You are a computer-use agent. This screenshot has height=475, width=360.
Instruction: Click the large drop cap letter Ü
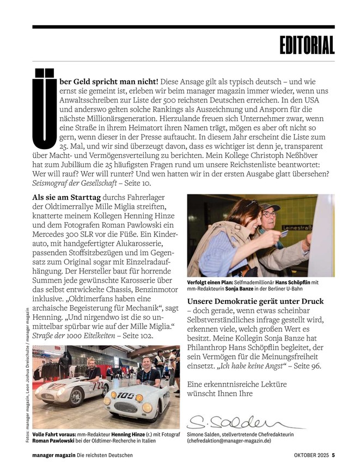(x=44, y=108)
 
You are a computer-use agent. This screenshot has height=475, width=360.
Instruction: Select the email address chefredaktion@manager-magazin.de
(x=229, y=441)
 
